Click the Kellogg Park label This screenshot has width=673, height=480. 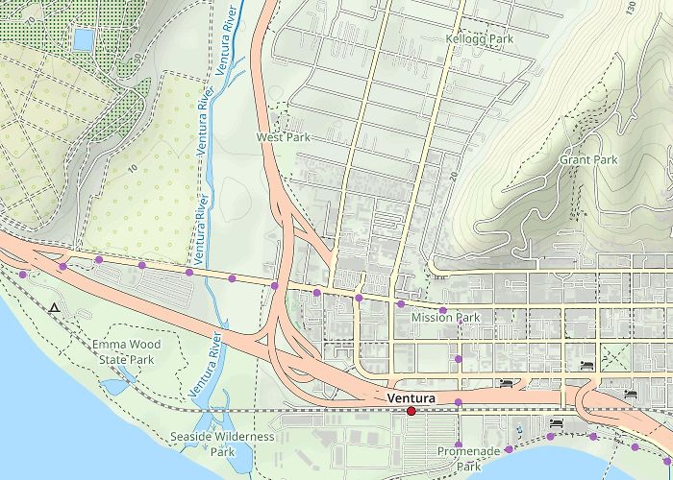pyautogui.click(x=480, y=39)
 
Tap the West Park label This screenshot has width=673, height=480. pyautogui.click(x=284, y=138)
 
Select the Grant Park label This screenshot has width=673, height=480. pyautogui.click(x=587, y=159)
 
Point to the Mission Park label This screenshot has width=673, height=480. pyautogui.click(x=444, y=318)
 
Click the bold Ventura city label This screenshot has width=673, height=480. pyautogui.click(x=411, y=397)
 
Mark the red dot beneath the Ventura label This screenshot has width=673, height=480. pyautogui.click(x=411, y=411)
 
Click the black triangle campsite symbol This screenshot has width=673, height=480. pyautogui.click(x=55, y=308)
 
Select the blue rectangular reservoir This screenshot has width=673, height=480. pyautogui.click(x=84, y=39)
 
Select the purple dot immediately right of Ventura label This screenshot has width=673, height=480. pyautogui.click(x=459, y=401)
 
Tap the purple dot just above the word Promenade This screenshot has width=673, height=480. pyautogui.click(x=459, y=433)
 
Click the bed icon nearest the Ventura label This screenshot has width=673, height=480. pyautogui.click(x=506, y=384)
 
